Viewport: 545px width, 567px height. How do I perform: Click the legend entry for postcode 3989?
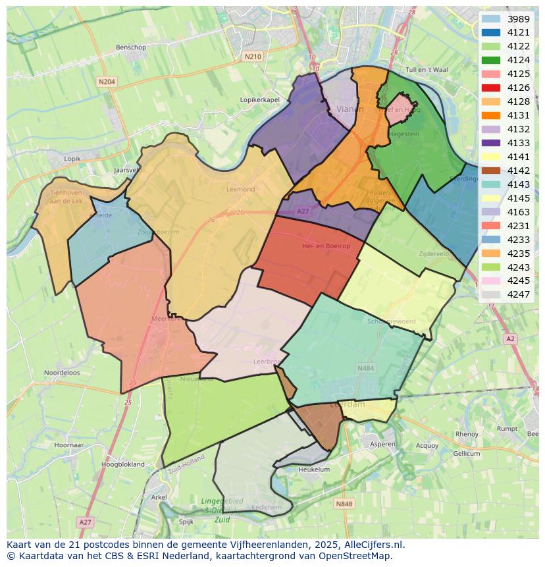(519, 19)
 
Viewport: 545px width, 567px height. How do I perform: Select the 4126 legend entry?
(519, 88)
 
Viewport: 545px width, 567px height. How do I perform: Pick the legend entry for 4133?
(519, 143)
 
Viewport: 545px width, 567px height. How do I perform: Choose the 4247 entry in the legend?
(519, 294)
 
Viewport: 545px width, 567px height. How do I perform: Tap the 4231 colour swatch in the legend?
(491, 226)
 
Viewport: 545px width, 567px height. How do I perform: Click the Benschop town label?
(130, 47)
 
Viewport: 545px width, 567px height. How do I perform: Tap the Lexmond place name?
(240, 189)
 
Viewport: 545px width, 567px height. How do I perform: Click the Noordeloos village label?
(61, 372)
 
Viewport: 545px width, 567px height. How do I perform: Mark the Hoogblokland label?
(122, 464)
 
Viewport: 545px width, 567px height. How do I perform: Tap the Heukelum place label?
(314, 470)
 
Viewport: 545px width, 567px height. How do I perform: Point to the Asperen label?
(382, 444)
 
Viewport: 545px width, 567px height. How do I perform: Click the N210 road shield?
(253, 57)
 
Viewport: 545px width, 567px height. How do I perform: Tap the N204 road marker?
(106, 82)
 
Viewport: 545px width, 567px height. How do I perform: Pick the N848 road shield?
(344, 504)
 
